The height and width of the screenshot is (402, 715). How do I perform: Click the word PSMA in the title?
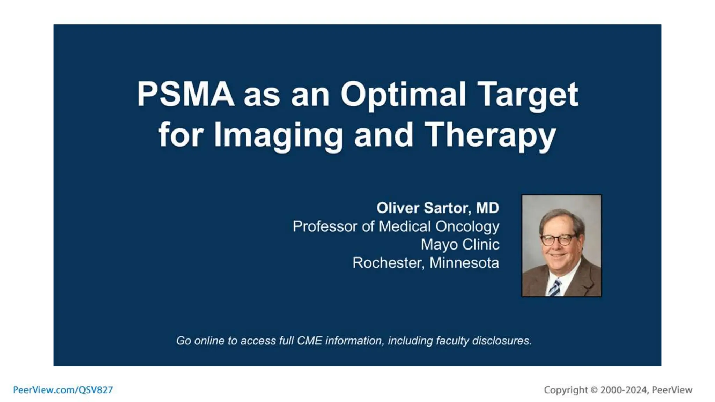pyautogui.click(x=185, y=94)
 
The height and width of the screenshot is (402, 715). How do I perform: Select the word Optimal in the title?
pyautogui.click(x=403, y=95)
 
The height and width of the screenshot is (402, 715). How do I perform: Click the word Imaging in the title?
pyautogui.click(x=278, y=136)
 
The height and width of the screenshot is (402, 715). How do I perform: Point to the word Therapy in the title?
pyautogui.click(x=490, y=136)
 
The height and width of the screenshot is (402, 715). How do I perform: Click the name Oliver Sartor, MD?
pyautogui.click(x=437, y=208)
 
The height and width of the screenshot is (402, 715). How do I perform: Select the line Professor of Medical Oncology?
pyautogui.click(x=396, y=226)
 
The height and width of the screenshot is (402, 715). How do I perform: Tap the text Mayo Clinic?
pyautogui.click(x=460, y=245)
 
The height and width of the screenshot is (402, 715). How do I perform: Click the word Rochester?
pyautogui.click(x=388, y=263)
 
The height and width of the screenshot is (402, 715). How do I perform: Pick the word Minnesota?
pyautogui.click(x=464, y=263)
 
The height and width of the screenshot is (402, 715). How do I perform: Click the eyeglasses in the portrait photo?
pyautogui.click(x=557, y=240)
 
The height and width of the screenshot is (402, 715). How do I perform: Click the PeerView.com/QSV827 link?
pyautogui.click(x=63, y=390)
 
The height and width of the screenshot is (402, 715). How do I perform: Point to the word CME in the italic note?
pyautogui.click(x=309, y=341)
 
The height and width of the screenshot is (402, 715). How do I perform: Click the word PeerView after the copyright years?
pyautogui.click(x=672, y=390)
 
